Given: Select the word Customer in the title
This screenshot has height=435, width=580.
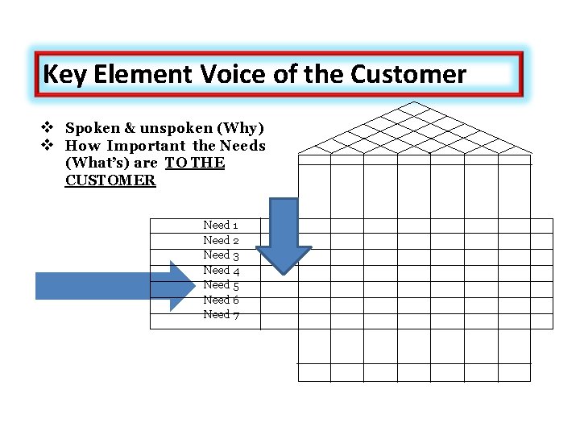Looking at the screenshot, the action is (408, 75).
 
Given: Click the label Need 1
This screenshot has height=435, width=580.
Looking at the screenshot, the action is (221, 226).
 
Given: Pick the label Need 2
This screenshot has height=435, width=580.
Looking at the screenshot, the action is (221, 240).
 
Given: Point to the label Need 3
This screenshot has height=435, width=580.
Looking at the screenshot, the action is (221, 255).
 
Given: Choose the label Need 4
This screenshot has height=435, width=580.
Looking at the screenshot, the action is (221, 270).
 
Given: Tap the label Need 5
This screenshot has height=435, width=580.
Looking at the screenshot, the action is (221, 284).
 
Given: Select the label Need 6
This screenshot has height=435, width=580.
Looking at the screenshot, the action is (221, 300).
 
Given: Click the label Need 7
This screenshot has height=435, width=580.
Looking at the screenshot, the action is (221, 314).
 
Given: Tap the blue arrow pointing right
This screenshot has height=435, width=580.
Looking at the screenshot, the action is (113, 286).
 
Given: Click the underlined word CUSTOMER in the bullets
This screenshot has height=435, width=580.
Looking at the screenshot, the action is (110, 180).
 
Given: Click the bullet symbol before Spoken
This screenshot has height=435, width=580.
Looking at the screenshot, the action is (48, 129).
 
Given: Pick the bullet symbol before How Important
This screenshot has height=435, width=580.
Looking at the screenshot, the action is (48, 146).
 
